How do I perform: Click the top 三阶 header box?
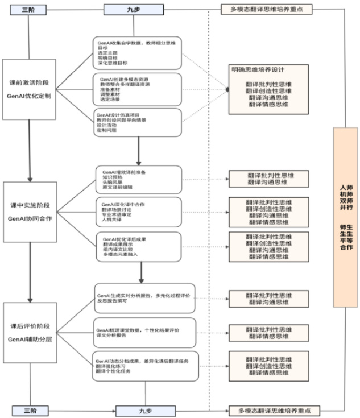pyautogui.click(x=28, y=10)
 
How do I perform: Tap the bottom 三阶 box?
pyautogui.click(x=29, y=410)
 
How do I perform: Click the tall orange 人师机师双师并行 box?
pyautogui.click(x=345, y=217)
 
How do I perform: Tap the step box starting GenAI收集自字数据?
pyautogui.click(x=137, y=53)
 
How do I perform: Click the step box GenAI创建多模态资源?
pyautogui.click(x=137, y=89)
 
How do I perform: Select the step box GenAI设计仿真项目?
pyautogui.click(x=137, y=122)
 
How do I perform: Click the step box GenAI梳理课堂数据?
pyautogui.click(x=145, y=333)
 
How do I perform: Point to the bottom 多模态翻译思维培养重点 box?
pyautogui.click(x=275, y=410)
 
